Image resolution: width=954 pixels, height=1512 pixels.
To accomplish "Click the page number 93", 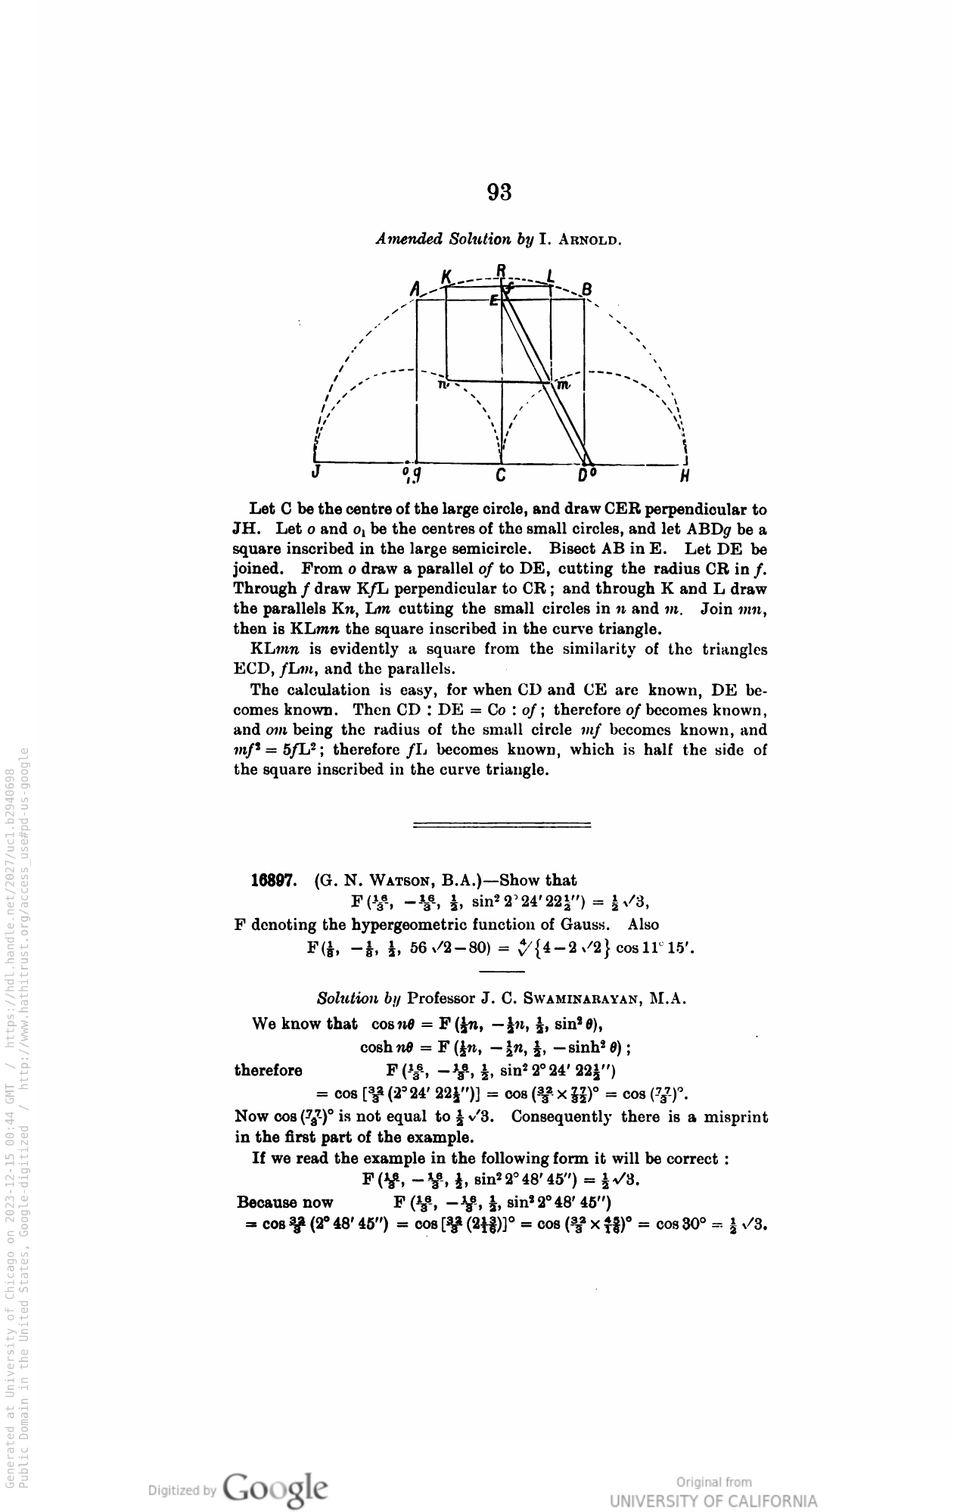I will tap(499, 192).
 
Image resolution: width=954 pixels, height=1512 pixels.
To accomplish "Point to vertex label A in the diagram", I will tap(415, 289).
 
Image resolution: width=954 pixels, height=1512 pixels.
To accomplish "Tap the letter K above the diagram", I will tap(446, 275).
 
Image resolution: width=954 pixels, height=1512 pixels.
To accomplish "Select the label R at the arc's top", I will tap(501, 269).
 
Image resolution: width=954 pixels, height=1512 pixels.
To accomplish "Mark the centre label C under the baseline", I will tap(501, 478).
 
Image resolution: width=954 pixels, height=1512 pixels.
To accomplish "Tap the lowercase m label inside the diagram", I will tap(563, 386).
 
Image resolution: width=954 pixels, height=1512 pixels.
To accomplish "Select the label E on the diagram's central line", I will tap(493, 301).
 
